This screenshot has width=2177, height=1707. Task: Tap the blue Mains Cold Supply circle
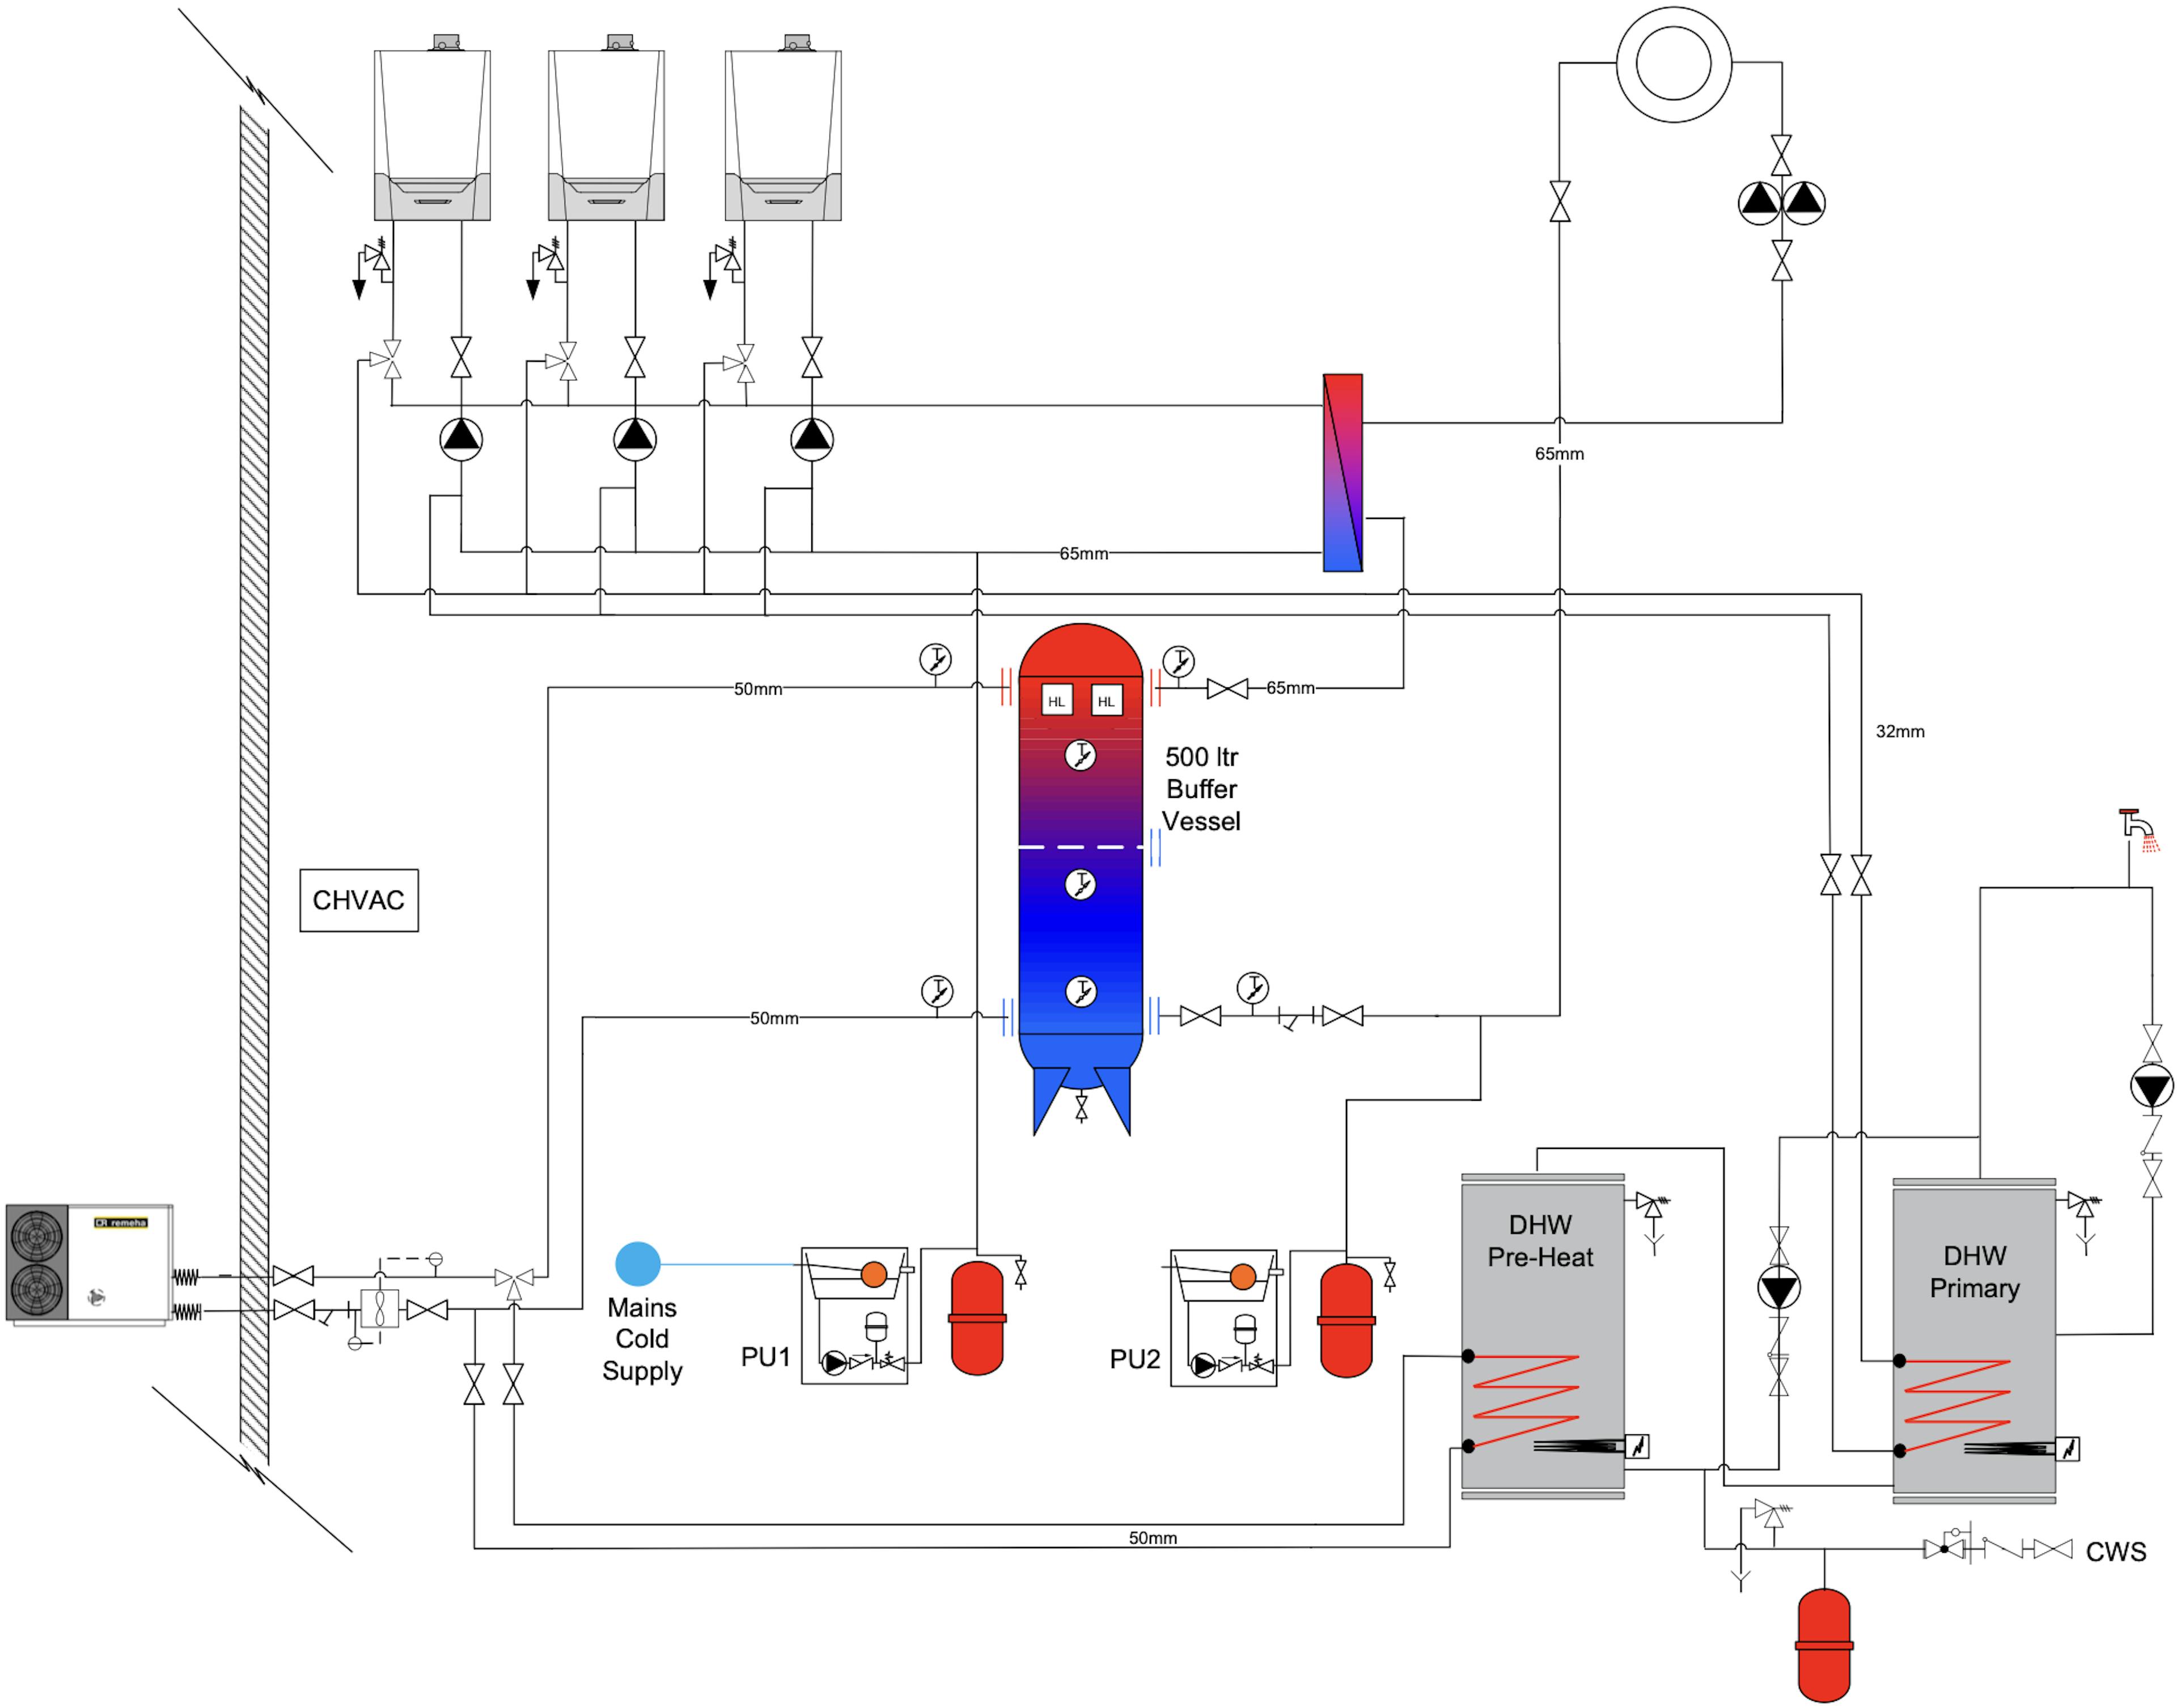click(637, 1264)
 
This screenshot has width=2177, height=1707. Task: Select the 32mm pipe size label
click(1899, 732)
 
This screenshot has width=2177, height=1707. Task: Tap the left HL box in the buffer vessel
click(1056, 700)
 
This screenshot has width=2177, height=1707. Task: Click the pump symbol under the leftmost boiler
click(460, 438)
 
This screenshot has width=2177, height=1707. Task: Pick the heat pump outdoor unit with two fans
click(89, 1264)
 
